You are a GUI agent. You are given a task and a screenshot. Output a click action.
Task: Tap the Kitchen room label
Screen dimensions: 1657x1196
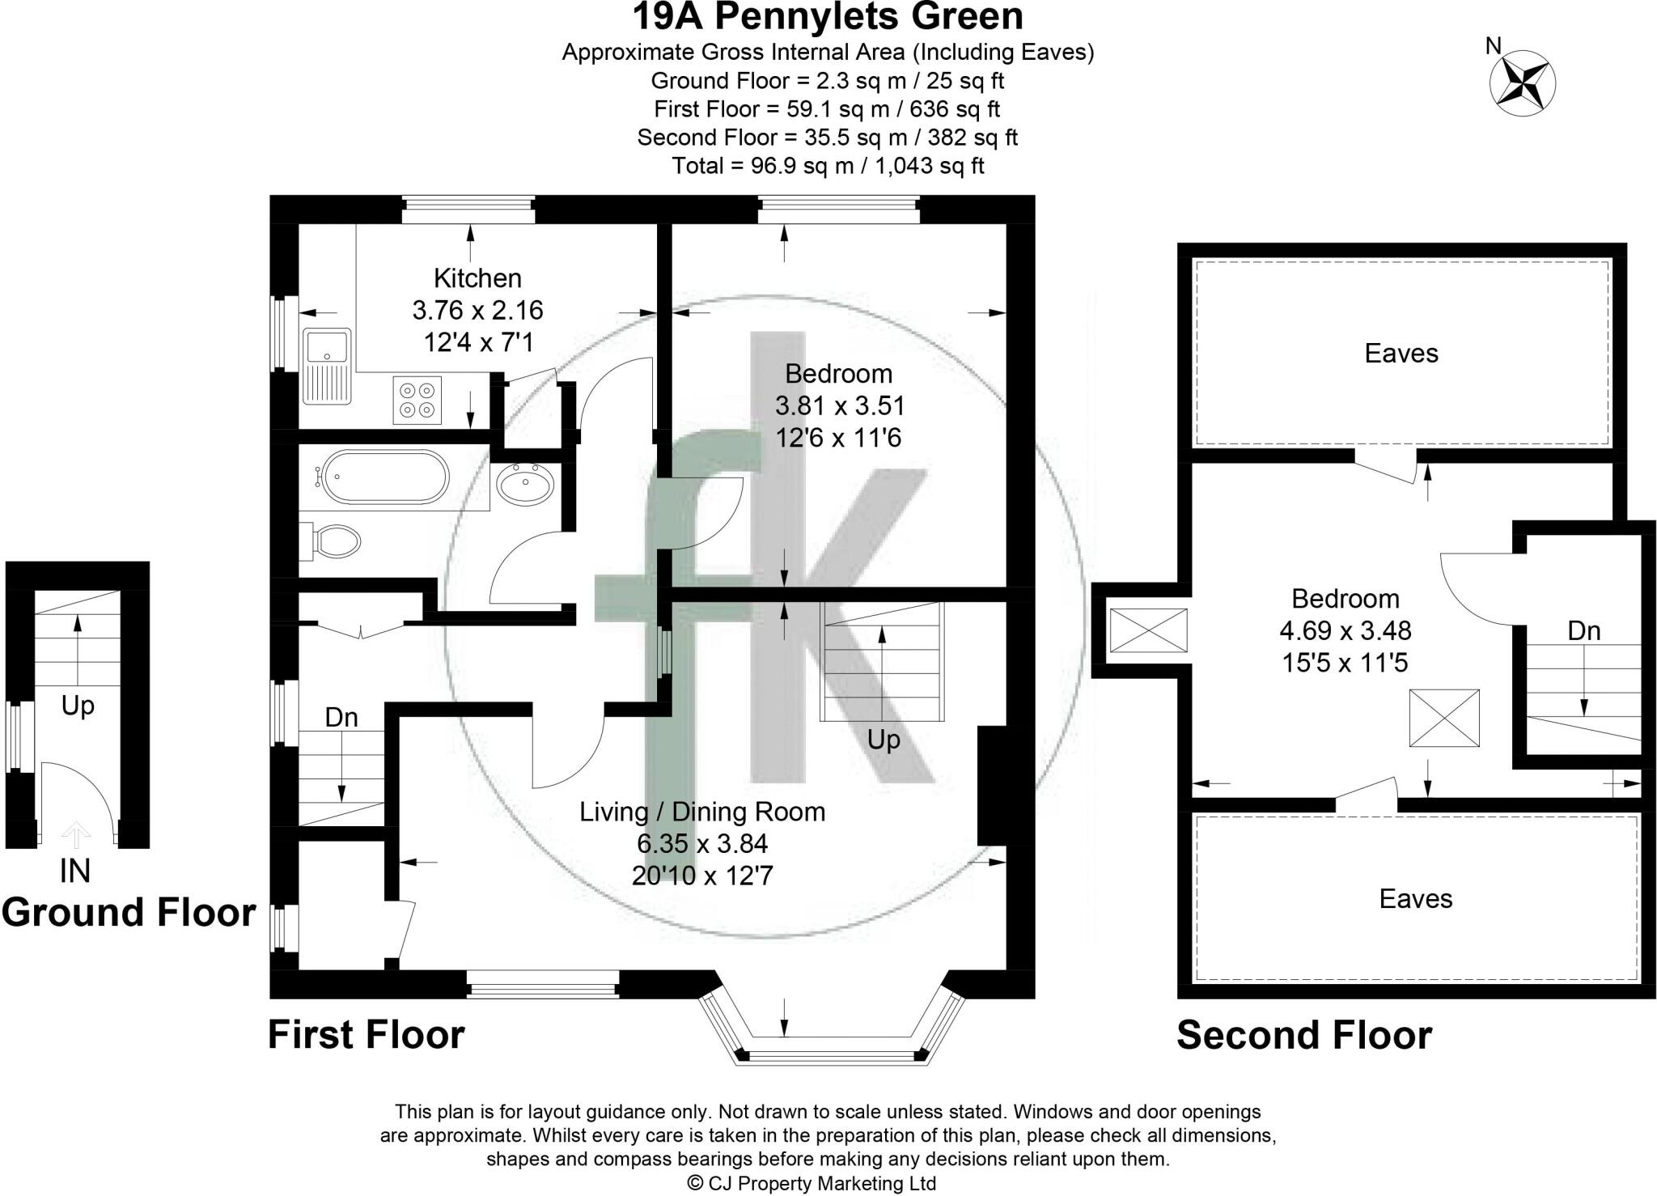[x=477, y=278]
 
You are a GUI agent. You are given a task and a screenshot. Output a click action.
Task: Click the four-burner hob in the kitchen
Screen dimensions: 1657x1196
[x=417, y=400]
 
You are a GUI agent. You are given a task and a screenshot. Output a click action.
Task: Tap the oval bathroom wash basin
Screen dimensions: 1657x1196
[x=524, y=484]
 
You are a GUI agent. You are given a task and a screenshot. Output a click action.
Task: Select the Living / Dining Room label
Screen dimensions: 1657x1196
[x=702, y=812]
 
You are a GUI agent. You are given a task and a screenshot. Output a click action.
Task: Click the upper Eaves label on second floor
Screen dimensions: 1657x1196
[x=1401, y=354]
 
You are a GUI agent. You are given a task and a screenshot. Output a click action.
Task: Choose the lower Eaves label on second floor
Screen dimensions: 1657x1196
[x=1416, y=899]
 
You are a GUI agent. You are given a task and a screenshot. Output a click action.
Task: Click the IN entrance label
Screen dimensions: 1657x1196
[x=75, y=871]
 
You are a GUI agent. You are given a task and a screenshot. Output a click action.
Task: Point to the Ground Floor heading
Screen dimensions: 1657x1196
[x=129, y=912]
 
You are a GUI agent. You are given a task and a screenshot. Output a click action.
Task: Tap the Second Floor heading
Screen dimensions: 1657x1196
[x=1303, y=1035]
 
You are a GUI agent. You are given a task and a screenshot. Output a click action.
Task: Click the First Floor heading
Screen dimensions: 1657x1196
[x=367, y=1035]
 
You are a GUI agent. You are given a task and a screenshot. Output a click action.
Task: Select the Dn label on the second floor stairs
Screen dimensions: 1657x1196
[x=1583, y=630]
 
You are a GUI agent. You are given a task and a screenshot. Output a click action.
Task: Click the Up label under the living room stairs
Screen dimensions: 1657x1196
[x=884, y=740]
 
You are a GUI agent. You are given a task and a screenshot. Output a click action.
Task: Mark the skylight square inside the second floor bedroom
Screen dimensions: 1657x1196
[x=1444, y=718]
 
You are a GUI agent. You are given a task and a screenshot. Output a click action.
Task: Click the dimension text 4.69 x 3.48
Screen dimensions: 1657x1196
[x=1346, y=630]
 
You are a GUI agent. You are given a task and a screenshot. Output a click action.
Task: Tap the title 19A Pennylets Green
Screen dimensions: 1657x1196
[x=828, y=16]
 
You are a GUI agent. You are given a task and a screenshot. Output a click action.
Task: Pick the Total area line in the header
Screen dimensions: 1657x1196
[x=828, y=166]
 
